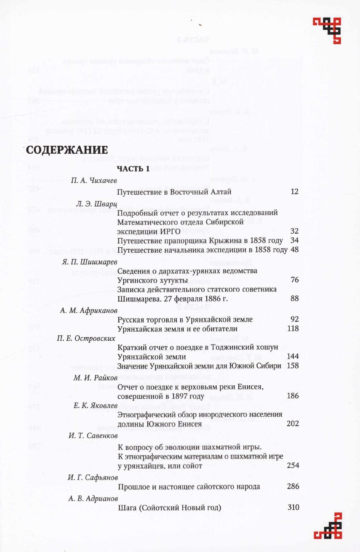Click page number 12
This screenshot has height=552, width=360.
(294, 192)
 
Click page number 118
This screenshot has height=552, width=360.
(293, 328)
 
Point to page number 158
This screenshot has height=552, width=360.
(293, 365)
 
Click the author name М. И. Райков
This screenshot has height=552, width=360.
(95, 377)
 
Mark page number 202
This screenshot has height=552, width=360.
(293, 424)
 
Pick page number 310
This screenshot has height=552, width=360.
(293, 507)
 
